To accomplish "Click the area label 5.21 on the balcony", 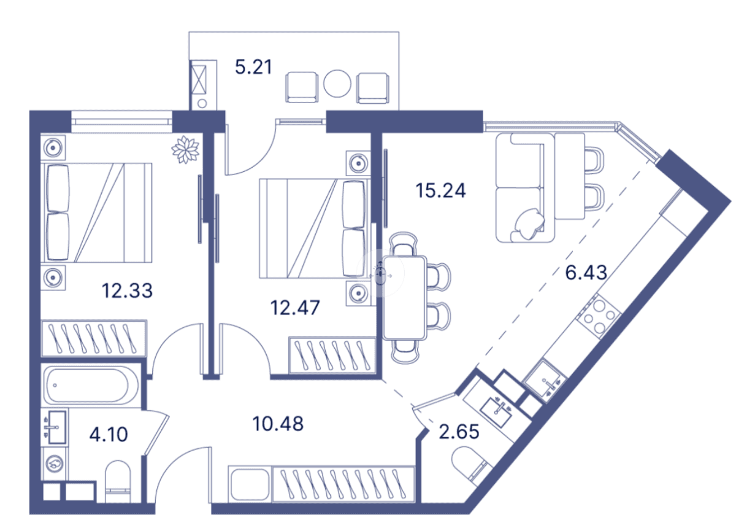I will pyautogui.click(x=253, y=66).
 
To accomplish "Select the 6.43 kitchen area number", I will pyautogui.click(x=586, y=272).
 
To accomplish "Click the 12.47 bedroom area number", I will pyautogui.click(x=295, y=307).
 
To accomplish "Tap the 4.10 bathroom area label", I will pyautogui.click(x=109, y=435).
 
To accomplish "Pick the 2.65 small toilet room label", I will pyautogui.click(x=459, y=432).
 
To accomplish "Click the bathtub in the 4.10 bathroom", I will pyautogui.click(x=86, y=385).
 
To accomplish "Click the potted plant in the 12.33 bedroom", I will pyautogui.click(x=185, y=149).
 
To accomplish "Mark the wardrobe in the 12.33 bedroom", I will pyautogui.click(x=94, y=338).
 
